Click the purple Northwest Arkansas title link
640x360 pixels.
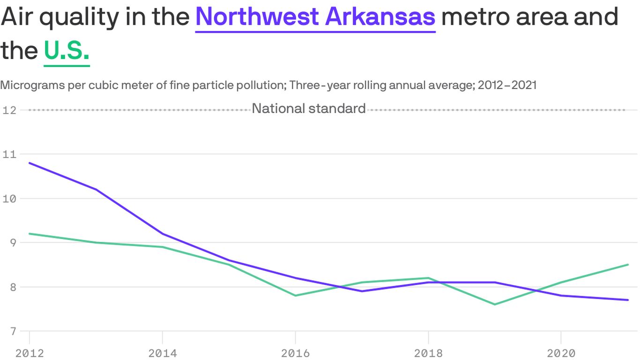[x=315, y=17]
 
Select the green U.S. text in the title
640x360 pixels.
[x=67, y=50]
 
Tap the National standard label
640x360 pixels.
[x=309, y=109]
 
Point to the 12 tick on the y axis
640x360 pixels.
[x=9, y=110]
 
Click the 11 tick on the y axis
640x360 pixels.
[x=9, y=154]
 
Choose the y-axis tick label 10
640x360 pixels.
[x=9, y=198]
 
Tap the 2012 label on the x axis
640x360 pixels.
[x=30, y=353]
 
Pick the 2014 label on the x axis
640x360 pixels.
[x=162, y=353]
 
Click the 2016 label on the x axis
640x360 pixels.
[x=295, y=353]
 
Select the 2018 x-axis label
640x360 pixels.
[x=428, y=353]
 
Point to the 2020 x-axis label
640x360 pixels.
[x=561, y=353]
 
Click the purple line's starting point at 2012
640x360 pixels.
[x=30, y=163]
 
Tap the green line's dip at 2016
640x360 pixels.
[x=295, y=295]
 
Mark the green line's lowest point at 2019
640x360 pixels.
[x=495, y=304]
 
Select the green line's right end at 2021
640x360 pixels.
[x=627, y=265]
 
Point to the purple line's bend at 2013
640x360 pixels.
[x=96, y=189]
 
